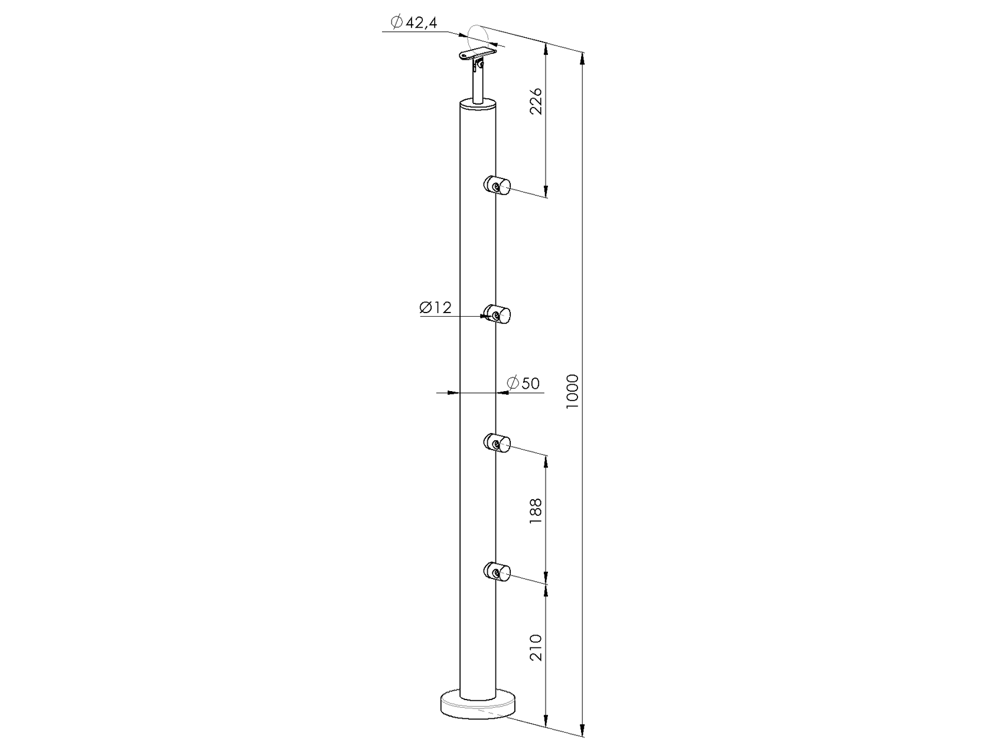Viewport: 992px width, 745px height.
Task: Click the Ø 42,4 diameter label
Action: click(x=413, y=22)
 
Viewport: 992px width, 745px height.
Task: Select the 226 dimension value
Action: click(x=536, y=102)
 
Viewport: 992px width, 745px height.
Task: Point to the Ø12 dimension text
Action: click(x=435, y=307)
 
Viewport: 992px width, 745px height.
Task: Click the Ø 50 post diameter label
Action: click(x=523, y=383)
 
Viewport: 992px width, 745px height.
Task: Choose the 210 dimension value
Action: click(x=536, y=646)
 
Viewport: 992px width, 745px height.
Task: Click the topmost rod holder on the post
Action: click(x=498, y=186)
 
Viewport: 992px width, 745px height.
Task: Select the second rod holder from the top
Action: click(x=498, y=315)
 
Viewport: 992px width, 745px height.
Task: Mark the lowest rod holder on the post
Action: click(x=498, y=571)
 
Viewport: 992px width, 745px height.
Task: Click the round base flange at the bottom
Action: click(x=478, y=707)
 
